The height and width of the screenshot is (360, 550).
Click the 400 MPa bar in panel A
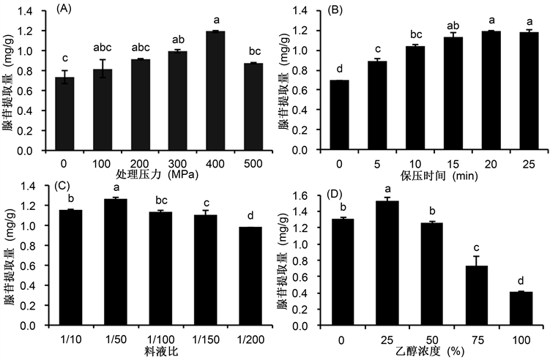point(195,91)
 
